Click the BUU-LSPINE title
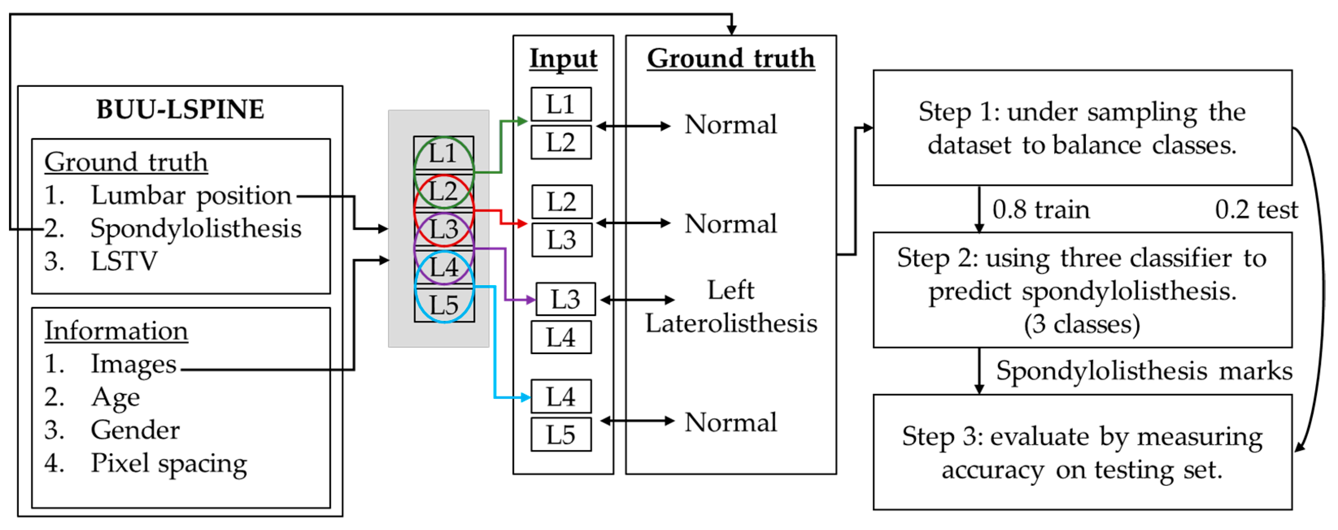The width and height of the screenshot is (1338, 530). pyautogui.click(x=180, y=110)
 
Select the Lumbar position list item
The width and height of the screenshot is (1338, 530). pyautogui.click(x=191, y=196)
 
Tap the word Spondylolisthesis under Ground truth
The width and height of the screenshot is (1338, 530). pyautogui.click(x=196, y=228)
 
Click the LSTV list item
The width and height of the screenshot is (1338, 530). pyautogui.click(x=124, y=261)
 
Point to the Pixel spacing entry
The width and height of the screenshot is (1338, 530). pyautogui.click(x=169, y=463)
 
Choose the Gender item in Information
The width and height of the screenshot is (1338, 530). pyautogui.click(x=135, y=430)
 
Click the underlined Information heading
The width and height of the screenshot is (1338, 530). pyautogui.click(x=116, y=331)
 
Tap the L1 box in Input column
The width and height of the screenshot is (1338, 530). pyautogui.click(x=560, y=104)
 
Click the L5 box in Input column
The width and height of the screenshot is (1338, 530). pyautogui.click(x=560, y=435)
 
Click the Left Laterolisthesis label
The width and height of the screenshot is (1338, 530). pyautogui.click(x=731, y=306)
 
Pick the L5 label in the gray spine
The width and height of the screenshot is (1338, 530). pyautogui.click(x=444, y=305)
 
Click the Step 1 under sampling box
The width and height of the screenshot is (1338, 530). pyautogui.click(x=1082, y=128)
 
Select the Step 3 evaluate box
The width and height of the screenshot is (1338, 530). pyautogui.click(x=1082, y=452)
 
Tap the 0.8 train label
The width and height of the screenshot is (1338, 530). pyautogui.click(x=1040, y=209)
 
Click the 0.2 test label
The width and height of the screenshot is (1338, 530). pyautogui.click(x=1256, y=209)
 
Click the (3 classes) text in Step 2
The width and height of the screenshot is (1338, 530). pyautogui.click(x=1082, y=324)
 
